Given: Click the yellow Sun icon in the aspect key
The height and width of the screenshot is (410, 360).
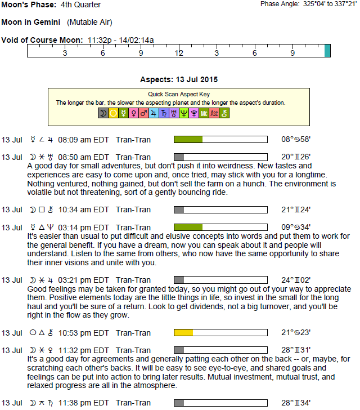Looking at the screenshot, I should click(113, 113).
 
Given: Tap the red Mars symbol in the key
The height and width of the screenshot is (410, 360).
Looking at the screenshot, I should click(143, 113).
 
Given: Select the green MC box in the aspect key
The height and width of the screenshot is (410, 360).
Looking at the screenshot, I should click(204, 113).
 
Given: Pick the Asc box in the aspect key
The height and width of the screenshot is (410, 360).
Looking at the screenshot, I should click(214, 113).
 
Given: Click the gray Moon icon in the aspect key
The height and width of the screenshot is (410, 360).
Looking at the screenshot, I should click(103, 113).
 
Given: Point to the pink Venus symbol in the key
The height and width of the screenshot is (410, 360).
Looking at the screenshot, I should click(133, 113).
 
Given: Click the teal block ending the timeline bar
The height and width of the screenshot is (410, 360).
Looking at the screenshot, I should click(327, 51).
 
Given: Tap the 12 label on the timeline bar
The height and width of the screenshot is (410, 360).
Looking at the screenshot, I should click(179, 53).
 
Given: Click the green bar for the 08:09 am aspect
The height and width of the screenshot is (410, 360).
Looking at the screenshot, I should click(188, 140).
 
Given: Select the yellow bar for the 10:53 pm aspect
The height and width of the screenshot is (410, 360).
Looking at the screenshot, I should click(183, 333).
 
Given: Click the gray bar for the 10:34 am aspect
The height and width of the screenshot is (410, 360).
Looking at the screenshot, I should click(179, 210).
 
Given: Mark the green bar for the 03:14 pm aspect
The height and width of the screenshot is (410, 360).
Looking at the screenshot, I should click(188, 227).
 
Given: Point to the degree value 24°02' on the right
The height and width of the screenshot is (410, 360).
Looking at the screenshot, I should click(296, 280).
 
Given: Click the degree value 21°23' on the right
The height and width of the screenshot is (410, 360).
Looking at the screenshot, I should click(296, 333).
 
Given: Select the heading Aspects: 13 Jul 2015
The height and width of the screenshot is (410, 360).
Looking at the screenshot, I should click(179, 80).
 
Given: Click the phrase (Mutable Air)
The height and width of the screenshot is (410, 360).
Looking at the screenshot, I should click(89, 23).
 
